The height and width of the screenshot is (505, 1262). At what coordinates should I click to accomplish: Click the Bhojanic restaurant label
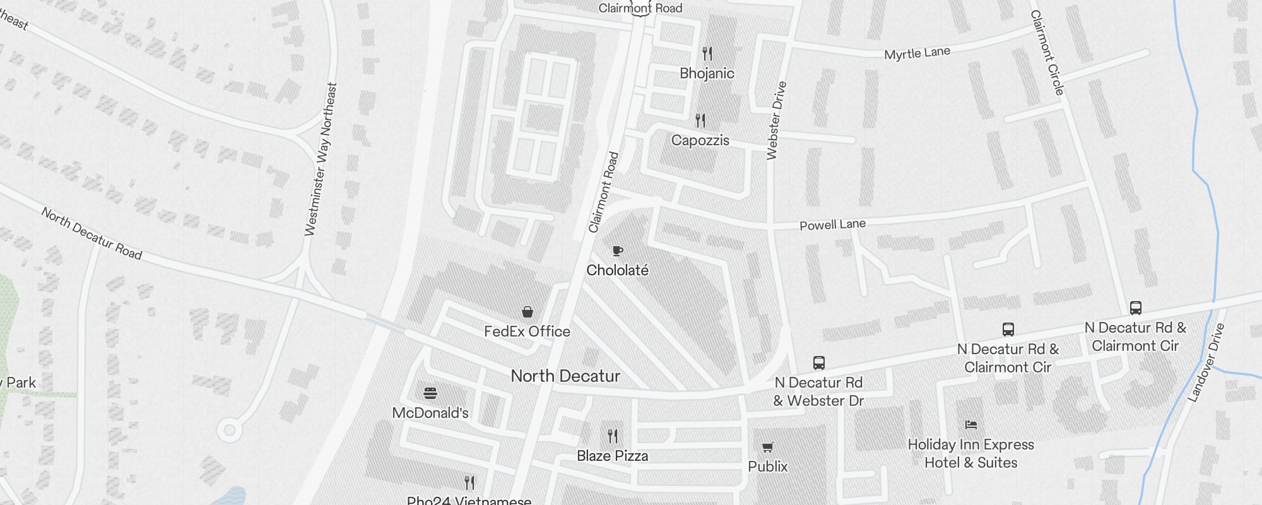707,73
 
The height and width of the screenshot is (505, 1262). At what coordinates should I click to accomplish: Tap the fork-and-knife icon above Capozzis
700,120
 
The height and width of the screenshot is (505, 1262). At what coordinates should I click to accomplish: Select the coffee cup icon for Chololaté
618,251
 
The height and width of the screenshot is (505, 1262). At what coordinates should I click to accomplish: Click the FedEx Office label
527,331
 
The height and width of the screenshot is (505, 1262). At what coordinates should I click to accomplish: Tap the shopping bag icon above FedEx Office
528,312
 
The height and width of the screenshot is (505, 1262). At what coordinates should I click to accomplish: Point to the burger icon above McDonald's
430,394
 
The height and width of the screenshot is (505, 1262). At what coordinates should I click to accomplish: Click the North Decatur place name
565,376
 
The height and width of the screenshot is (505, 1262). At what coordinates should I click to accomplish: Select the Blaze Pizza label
612,456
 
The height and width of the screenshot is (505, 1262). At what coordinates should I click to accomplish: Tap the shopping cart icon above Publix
768,448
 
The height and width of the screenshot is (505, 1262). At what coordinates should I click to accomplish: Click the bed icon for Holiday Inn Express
971,425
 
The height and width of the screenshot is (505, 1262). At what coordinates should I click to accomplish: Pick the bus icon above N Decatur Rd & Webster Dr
819,363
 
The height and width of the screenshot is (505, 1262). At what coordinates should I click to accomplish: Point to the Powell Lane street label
832,225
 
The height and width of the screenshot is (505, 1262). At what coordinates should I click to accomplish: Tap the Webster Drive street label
776,120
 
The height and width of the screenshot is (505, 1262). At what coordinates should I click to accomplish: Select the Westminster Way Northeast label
321,159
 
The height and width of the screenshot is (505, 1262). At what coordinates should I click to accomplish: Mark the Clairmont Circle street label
1047,52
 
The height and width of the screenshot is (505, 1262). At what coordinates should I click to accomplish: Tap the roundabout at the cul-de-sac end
230,431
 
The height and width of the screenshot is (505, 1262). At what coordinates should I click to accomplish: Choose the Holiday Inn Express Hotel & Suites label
970,453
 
